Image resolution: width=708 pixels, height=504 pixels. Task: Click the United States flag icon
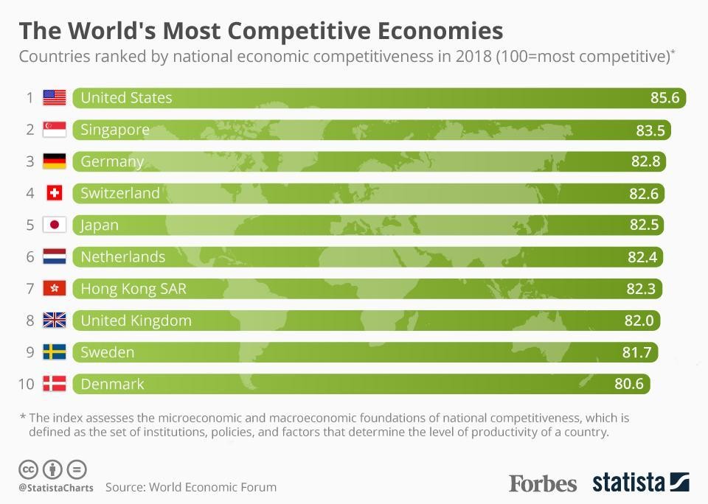[x=55, y=97]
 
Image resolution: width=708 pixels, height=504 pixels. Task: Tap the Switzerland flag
[x=55, y=193]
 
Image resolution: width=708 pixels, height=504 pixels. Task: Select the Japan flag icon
[x=55, y=225]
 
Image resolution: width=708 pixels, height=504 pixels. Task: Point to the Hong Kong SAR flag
[x=55, y=288]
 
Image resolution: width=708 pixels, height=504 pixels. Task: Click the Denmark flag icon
[x=55, y=384]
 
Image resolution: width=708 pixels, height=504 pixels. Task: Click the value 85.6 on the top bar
[x=664, y=97]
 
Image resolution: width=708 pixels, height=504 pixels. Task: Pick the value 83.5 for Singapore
[x=650, y=130]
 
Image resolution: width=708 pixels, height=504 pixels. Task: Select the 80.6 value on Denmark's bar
[x=629, y=384]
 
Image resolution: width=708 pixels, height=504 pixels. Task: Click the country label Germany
[x=112, y=161]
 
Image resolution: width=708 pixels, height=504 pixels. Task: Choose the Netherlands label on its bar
[x=122, y=257]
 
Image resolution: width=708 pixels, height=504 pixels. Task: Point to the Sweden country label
[x=108, y=352]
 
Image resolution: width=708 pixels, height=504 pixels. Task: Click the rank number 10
[x=27, y=384]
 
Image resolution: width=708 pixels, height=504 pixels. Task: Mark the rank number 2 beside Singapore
[x=30, y=130]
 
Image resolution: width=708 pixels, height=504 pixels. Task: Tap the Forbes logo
[x=543, y=483]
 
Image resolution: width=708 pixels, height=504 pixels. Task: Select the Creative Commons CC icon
[x=28, y=469]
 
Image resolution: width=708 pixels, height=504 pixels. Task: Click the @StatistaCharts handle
[x=56, y=488]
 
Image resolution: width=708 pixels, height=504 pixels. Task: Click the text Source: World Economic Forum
[x=191, y=487]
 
